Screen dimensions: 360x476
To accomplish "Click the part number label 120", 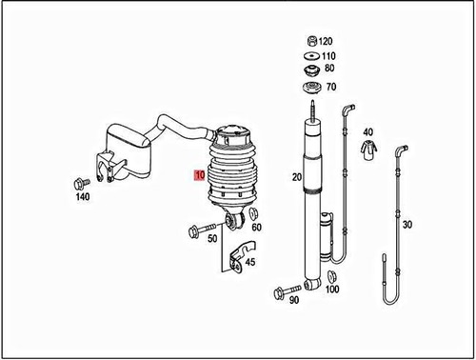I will point(326,42).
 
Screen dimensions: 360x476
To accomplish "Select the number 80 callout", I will point(328,69).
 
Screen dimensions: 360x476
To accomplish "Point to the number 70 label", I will point(331,88).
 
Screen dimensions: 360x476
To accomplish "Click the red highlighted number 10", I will point(198,175).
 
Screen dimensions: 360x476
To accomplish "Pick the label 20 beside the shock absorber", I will point(296,177).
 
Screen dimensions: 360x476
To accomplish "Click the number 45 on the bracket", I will point(249,263).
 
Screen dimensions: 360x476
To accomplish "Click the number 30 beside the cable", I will point(407,225).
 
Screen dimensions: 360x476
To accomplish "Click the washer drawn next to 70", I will point(311,89).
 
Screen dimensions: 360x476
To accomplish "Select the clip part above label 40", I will point(368,149).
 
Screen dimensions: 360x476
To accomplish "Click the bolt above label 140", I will point(77,183).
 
